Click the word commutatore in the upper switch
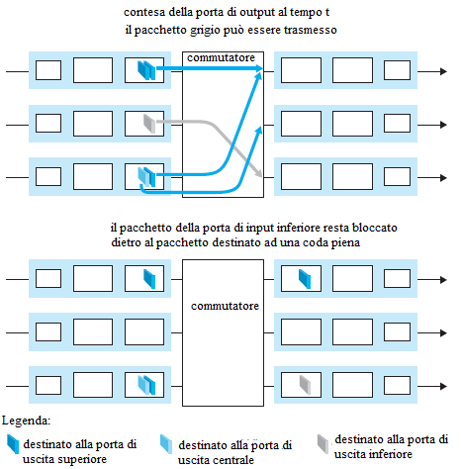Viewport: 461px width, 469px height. click(x=221, y=57)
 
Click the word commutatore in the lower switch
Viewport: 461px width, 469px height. click(x=225, y=306)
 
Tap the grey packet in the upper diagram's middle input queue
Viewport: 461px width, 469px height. click(x=149, y=124)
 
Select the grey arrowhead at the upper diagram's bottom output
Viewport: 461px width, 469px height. click(x=259, y=173)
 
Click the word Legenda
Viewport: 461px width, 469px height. click(x=26, y=421)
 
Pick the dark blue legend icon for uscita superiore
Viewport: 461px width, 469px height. click(x=13, y=444)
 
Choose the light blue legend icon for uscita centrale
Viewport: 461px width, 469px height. click(x=166, y=444)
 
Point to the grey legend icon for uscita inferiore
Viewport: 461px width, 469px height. click(x=323, y=444)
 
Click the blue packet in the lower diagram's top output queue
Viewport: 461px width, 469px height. click(x=305, y=279)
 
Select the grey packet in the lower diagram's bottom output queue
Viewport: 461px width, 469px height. click(x=305, y=385)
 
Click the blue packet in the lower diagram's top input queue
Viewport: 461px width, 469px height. click(x=149, y=279)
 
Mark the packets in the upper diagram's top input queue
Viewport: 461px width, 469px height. click(x=146, y=70)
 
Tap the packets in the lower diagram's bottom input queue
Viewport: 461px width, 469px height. click(x=146, y=385)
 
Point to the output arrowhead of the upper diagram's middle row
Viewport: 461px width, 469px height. click(x=443, y=125)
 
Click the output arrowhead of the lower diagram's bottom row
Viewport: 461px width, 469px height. click(x=443, y=386)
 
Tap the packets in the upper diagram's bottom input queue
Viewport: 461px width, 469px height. click(x=146, y=177)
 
